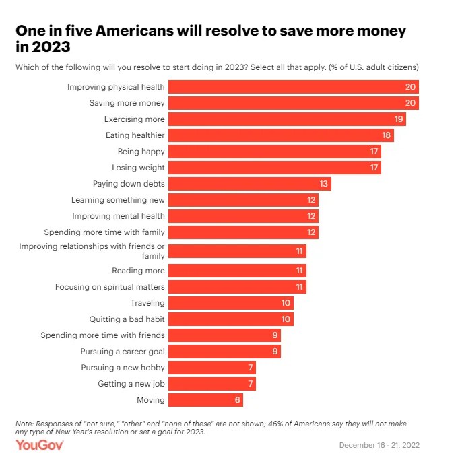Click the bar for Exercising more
tap(286, 119)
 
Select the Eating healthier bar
tap(280, 135)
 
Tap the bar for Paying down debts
tap(249, 184)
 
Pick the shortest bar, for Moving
tap(205, 400)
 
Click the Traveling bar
tap(230, 303)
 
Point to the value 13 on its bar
tap(324, 184)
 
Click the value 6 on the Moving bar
tap(236, 400)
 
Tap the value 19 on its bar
tap(399, 119)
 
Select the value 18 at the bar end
tap(387, 135)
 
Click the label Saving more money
tap(127, 103)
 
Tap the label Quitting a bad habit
tap(127, 319)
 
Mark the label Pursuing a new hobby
tap(123, 368)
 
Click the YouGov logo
tap(40, 445)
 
